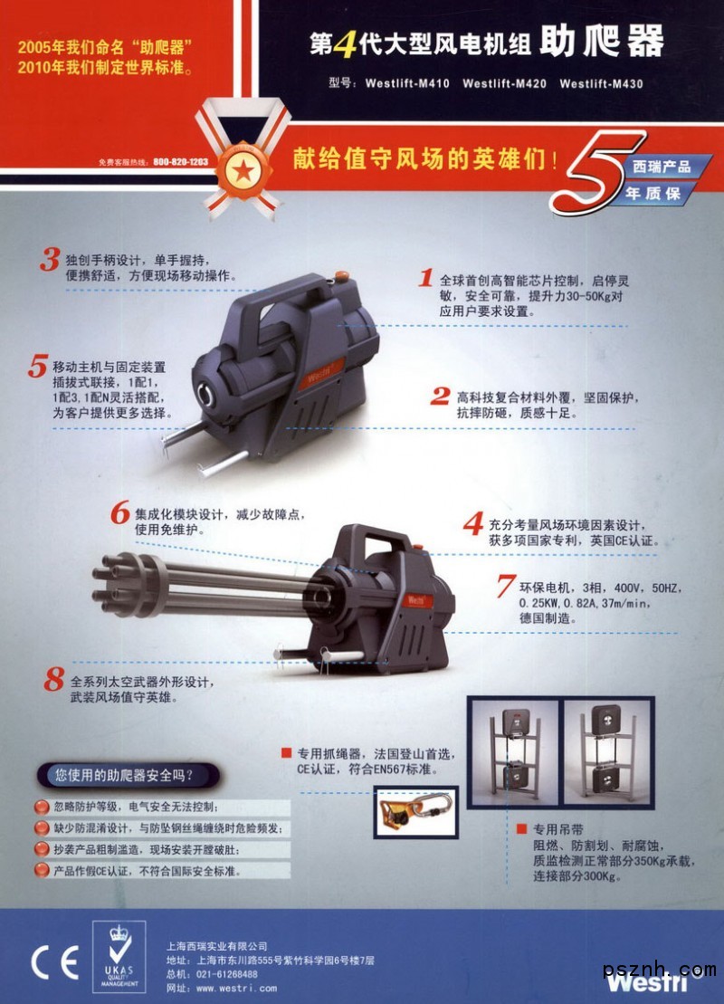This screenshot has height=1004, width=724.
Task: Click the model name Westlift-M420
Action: pos(504,83)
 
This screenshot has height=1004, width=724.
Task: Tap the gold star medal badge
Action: pos(243,171)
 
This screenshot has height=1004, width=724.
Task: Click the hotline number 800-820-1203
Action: pos(180,162)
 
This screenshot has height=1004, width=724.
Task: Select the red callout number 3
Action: pos(49,259)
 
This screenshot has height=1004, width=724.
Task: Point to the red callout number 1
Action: pos(426,278)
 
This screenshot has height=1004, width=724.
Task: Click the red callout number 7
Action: pos(506,585)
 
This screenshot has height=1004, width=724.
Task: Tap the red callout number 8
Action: pos(54,679)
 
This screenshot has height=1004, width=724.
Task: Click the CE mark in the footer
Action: pos(54,961)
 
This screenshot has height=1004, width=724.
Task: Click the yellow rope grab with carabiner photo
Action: pos(415,813)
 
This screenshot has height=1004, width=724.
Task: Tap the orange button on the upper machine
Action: pos(342,276)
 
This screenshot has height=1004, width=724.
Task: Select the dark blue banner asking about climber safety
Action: pos(128,776)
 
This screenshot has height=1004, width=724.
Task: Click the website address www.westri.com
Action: pos(237,988)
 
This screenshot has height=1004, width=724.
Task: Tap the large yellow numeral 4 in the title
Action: pos(346,43)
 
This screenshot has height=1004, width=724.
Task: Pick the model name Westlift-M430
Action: pos(601,83)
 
